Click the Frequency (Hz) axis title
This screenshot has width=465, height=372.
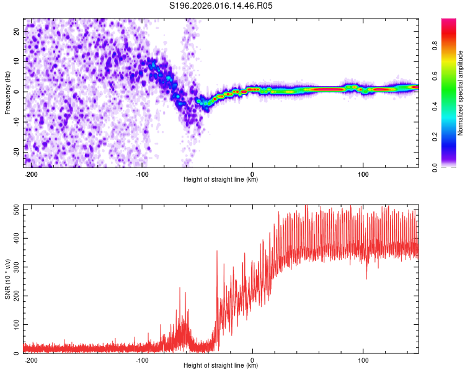pos(8,92)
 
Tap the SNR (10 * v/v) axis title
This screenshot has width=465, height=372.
pos(8,278)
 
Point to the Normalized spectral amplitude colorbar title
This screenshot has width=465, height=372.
pos(461,92)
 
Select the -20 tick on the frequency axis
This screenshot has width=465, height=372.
pos(16,152)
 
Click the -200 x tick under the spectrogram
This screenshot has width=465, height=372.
pos(31,174)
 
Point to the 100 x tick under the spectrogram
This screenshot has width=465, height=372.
pos(363,174)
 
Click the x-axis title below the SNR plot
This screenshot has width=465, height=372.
pos(221,366)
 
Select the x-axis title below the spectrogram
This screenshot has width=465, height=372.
pos(221,180)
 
